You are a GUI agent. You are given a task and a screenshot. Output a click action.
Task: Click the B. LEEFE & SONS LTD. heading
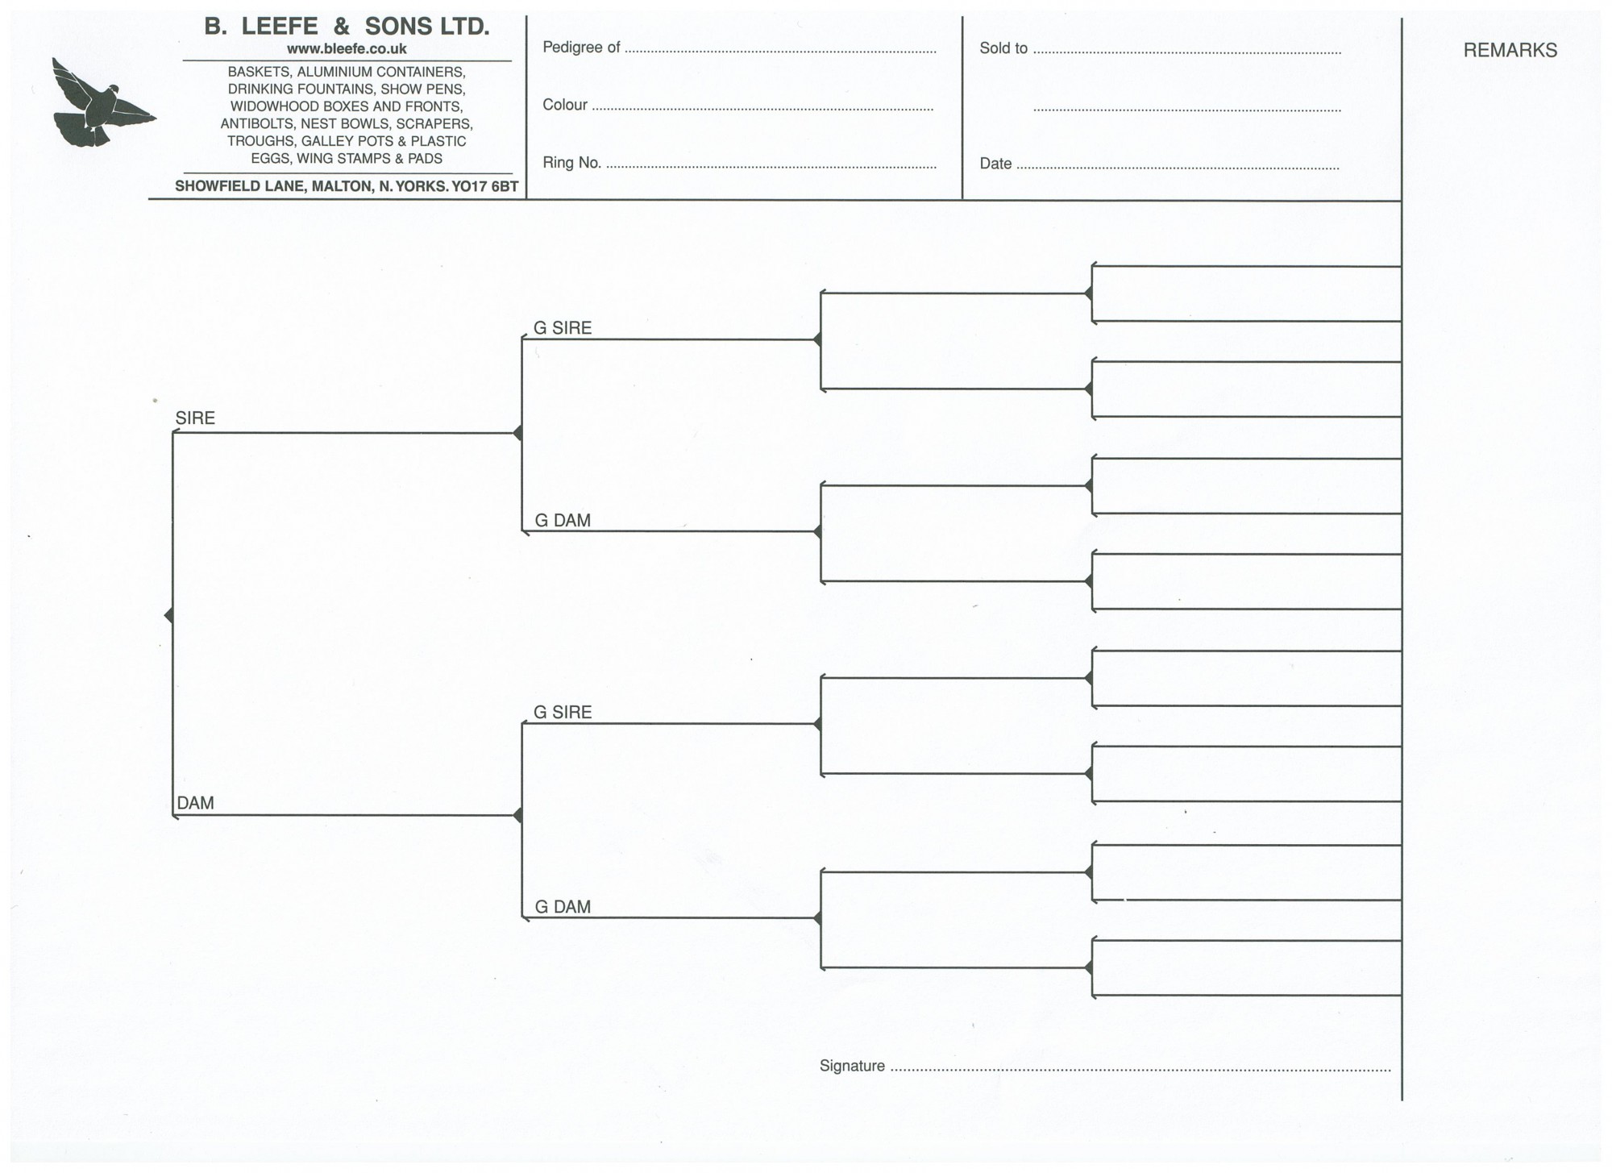[x=347, y=27]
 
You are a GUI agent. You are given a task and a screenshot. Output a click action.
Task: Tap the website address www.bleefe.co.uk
[x=347, y=49]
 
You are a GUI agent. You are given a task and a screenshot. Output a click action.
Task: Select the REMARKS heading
[x=1510, y=50]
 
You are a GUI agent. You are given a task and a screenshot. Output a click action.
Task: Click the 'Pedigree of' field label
[x=581, y=48]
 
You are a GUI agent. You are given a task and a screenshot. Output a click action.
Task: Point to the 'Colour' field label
[x=565, y=105]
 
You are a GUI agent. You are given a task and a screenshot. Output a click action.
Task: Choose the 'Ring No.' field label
[x=571, y=163]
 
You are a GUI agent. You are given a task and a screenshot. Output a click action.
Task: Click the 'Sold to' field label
[x=1003, y=48]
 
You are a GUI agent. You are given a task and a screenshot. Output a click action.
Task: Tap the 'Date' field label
[x=995, y=164]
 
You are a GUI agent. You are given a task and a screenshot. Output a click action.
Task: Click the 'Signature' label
[x=852, y=1066]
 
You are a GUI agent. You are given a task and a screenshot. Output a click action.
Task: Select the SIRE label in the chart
[x=195, y=418]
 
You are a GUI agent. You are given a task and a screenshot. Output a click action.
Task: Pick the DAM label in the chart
[x=195, y=803]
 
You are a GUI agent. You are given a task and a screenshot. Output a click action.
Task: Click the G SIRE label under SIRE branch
[x=563, y=328]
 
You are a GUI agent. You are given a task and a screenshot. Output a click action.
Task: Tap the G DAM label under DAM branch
[x=563, y=907]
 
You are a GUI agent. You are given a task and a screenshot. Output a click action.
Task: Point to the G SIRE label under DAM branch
[x=563, y=713]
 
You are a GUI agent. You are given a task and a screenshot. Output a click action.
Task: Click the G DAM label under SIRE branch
[x=563, y=521]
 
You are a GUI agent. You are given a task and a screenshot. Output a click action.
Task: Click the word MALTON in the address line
[x=341, y=186]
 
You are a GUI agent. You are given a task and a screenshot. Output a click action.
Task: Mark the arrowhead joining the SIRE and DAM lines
[x=168, y=616]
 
